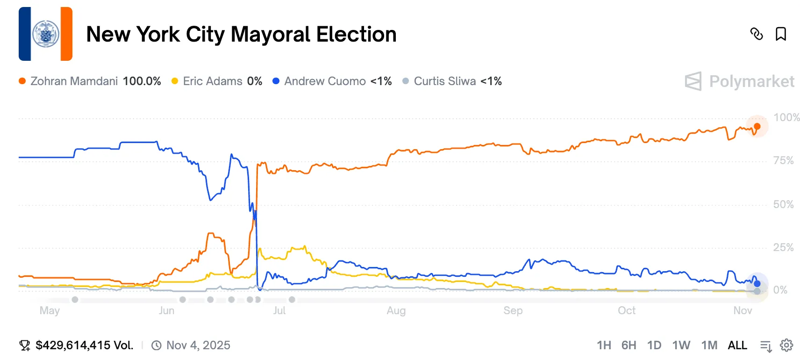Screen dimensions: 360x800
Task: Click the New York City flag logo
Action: pos(45,34)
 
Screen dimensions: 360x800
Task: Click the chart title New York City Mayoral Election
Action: pos(241,34)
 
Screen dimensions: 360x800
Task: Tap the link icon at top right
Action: pos(756,34)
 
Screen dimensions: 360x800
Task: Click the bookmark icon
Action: pos(780,34)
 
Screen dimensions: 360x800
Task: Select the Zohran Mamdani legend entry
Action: pos(90,81)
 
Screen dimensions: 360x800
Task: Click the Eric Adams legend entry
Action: pos(217,81)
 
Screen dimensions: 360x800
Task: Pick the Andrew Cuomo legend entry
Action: pos(332,81)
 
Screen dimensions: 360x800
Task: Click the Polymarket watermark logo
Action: pos(739,81)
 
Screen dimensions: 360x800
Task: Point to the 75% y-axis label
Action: pos(783,161)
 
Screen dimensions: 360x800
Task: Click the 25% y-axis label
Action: pos(783,247)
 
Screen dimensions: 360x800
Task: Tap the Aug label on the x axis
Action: pos(396,310)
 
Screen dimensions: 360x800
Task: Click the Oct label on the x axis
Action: pos(626,310)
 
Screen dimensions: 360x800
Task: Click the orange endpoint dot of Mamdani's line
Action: pos(757,126)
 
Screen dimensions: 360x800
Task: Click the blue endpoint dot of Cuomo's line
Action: pos(757,284)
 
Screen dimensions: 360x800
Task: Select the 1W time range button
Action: pos(681,346)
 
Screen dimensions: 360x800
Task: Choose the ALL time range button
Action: pos(737,346)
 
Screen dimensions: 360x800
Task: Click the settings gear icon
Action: pos(786,346)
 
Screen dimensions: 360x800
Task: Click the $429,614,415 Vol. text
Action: pos(84,346)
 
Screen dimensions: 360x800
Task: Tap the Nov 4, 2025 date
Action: pos(198,346)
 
